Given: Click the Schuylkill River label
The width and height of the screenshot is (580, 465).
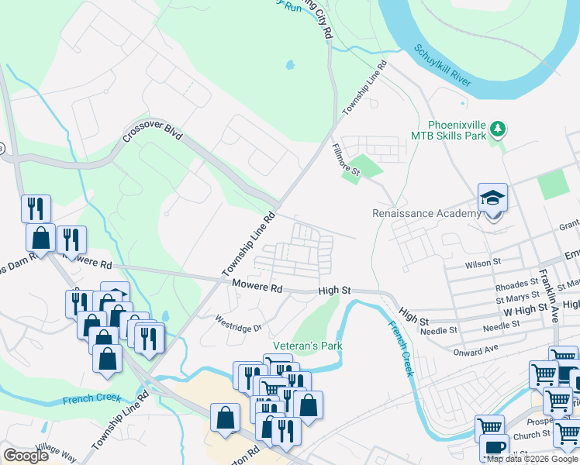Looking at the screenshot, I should click(444, 66).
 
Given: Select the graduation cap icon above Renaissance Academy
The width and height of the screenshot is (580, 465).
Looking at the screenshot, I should click(492, 198).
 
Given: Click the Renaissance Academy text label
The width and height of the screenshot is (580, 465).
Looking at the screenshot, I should click(426, 213).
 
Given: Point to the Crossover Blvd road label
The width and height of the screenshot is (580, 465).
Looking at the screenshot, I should click(151, 135).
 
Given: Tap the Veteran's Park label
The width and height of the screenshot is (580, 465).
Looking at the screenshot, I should click(307, 345).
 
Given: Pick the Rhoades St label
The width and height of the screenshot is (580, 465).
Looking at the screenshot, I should click(516, 284).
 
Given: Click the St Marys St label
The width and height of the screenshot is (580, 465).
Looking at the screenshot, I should click(517, 296).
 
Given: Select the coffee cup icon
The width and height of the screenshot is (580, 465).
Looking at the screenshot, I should click(494, 448).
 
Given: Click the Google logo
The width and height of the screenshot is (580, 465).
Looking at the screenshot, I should click(26, 455).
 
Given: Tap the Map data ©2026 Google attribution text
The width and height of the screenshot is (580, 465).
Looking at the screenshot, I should click(532, 459).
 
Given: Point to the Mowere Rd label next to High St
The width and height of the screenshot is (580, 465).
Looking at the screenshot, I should click(257, 286).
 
